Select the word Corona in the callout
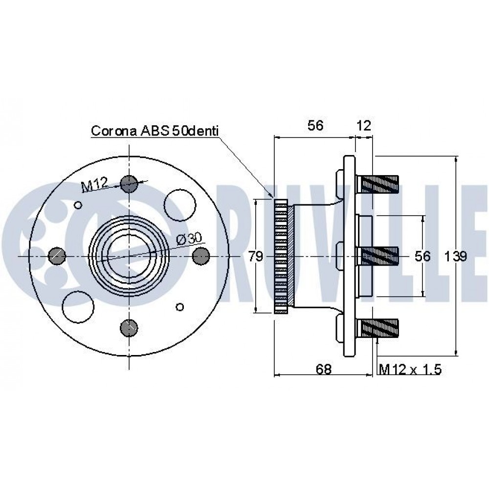coord(114,131)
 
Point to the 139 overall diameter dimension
coord(455,256)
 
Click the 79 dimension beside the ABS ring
coord(256,256)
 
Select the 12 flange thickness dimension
coord(364,125)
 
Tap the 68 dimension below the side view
coord(323,369)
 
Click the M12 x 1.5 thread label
coord(410,370)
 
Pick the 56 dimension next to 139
coord(422,256)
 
